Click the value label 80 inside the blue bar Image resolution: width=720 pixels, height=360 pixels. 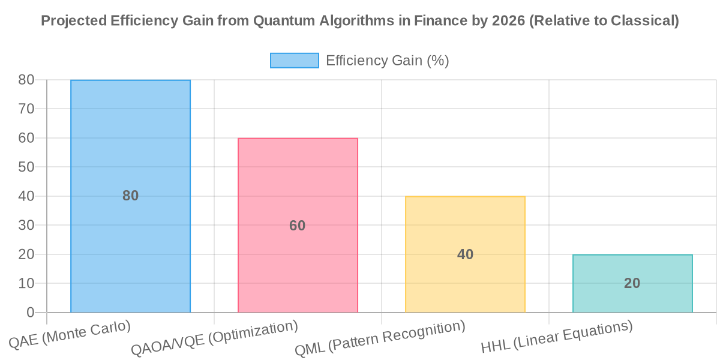click(130, 196)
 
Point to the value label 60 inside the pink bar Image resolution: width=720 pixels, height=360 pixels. click(298, 226)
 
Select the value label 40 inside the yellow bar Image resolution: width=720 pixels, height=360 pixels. click(465, 254)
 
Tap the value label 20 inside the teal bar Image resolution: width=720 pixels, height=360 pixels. click(632, 283)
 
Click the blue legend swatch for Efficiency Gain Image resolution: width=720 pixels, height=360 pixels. click(294, 61)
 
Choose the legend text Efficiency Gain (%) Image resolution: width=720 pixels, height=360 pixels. click(388, 61)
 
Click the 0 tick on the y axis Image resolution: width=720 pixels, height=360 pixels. click(29, 313)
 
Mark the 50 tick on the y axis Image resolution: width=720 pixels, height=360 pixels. click(26, 167)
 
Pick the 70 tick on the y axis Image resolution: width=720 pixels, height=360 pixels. click(26, 109)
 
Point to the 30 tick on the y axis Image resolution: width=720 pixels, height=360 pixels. click(26, 225)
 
